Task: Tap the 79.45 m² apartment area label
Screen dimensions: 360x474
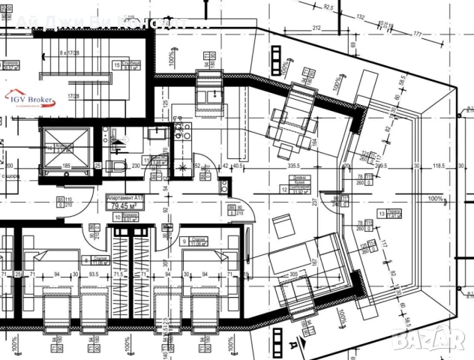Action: click(x=123, y=205)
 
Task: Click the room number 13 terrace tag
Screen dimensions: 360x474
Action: click(x=382, y=214)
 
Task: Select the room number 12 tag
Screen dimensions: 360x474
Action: click(x=284, y=190)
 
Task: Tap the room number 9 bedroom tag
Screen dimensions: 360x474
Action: click(x=184, y=241)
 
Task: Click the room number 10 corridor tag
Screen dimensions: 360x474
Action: click(x=117, y=217)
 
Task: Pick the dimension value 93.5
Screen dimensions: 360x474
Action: click(x=94, y=274)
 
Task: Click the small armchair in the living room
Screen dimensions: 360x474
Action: click(x=283, y=226)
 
